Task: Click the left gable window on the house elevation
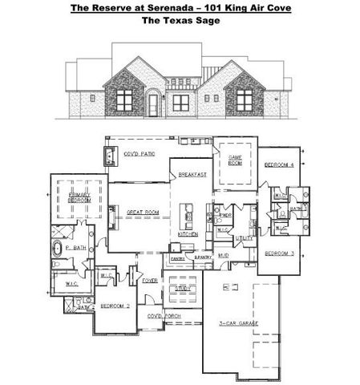coord(127,99)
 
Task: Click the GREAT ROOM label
coord(143,212)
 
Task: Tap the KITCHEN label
coord(188,233)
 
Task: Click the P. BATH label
coord(75,249)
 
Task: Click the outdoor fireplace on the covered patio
coord(109,157)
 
